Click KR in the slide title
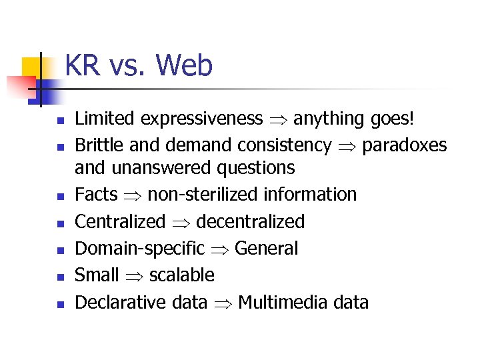point(83,66)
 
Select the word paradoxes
point(405,145)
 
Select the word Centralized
point(120,221)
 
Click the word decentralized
point(251,221)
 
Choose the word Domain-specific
point(140,249)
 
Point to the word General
point(267,249)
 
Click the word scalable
point(182,275)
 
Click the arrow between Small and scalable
point(134,276)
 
